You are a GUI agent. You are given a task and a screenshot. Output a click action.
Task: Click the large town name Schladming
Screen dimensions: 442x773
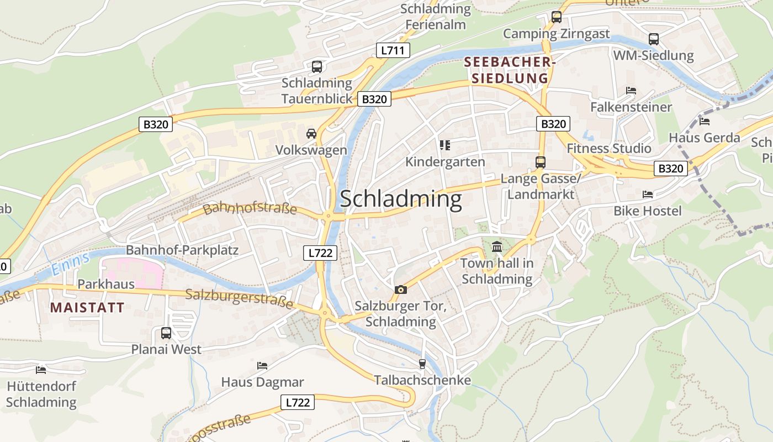(400, 199)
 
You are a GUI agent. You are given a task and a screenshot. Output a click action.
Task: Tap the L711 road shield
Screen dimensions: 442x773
(393, 50)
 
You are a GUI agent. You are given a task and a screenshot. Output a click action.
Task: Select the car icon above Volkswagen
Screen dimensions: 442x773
(311, 134)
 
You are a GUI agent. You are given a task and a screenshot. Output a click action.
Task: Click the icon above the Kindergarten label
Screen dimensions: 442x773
(445, 145)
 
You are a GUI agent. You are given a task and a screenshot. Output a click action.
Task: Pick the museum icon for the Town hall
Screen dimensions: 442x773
(497, 246)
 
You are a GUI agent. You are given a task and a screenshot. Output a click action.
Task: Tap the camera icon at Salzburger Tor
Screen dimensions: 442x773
(401, 290)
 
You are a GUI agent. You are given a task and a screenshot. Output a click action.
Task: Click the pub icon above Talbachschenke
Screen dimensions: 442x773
(422, 364)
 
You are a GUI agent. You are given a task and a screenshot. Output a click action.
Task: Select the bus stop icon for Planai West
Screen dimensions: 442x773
(166, 333)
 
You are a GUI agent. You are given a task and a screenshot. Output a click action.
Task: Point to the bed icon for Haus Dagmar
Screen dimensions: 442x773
(262, 366)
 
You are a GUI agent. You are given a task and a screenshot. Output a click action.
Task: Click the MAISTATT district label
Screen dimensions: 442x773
(87, 308)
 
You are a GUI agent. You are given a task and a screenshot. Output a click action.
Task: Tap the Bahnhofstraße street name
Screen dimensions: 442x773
(250, 209)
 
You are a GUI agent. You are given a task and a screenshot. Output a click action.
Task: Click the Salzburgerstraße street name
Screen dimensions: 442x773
(239, 298)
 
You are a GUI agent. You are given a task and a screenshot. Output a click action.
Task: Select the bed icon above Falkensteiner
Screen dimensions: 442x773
(631, 91)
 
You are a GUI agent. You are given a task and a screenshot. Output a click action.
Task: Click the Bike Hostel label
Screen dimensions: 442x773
(648, 211)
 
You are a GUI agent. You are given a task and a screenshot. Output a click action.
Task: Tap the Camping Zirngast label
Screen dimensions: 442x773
(556, 34)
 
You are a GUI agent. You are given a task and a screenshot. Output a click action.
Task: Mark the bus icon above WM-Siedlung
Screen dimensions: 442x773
(654, 39)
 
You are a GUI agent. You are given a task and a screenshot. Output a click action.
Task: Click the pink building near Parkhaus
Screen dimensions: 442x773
(133, 272)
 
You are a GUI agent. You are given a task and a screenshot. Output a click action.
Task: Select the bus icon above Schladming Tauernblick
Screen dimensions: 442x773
(317, 67)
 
